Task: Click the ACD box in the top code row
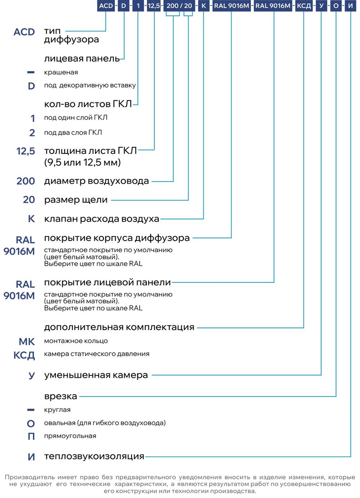pyautogui.click(x=106, y=6)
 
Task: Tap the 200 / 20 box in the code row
pyautogui.click(x=179, y=6)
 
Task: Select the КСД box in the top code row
pyautogui.click(x=304, y=6)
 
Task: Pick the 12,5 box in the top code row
pyautogui.click(x=154, y=6)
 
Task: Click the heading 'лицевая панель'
pyautogui.click(x=82, y=58)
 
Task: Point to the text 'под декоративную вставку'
pyautogui.click(x=90, y=86)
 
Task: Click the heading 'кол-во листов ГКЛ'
pyautogui.click(x=88, y=104)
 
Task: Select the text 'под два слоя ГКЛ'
pyautogui.click(x=73, y=133)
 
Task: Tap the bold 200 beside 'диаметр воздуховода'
pyautogui.click(x=26, y=181)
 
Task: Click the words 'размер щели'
pyautogui.click(x=76, y=200)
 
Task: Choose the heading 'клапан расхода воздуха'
pyautogui.click(x=102, y=219)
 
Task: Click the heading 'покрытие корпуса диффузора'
pyautogui.click(x=117, y=238)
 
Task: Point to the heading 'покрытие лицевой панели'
pyautogui.click(x=108, y=282)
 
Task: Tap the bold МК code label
pyautogui.click(x=27, y=341)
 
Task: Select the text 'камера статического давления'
pyautogui.click(x=97, y=354)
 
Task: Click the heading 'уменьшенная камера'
pyautogui.click(x=96, y=375)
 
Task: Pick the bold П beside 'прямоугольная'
pyautogui.click(x=31, y=436)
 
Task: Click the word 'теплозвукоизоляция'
pyautogui.click(x=94, y=456)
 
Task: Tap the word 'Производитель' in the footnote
pyautogui.click(x=30, y=477)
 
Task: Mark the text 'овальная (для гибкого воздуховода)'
pyautogui.click(x=105, y=423)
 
